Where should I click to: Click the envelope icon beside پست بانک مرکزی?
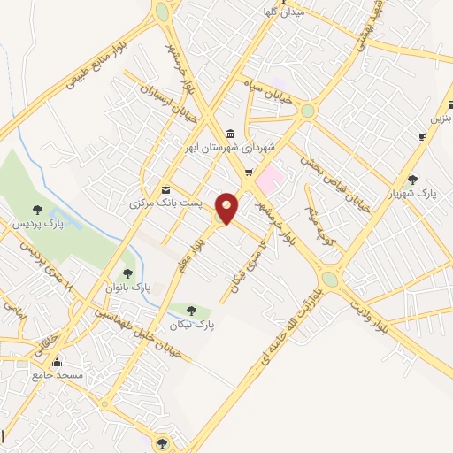click(x=165, y=190)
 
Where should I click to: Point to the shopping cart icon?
click(x=249, y=172)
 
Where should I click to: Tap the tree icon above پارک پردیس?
click(x=37, y=209)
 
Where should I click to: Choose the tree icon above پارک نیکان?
click(x=192, y=309)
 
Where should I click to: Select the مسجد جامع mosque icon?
click(x=58, y=362)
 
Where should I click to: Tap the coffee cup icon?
click(x=422, y=135)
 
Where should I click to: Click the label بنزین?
click(x=440, y=118)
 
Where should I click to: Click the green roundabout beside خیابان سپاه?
click(x=307, y=111)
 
